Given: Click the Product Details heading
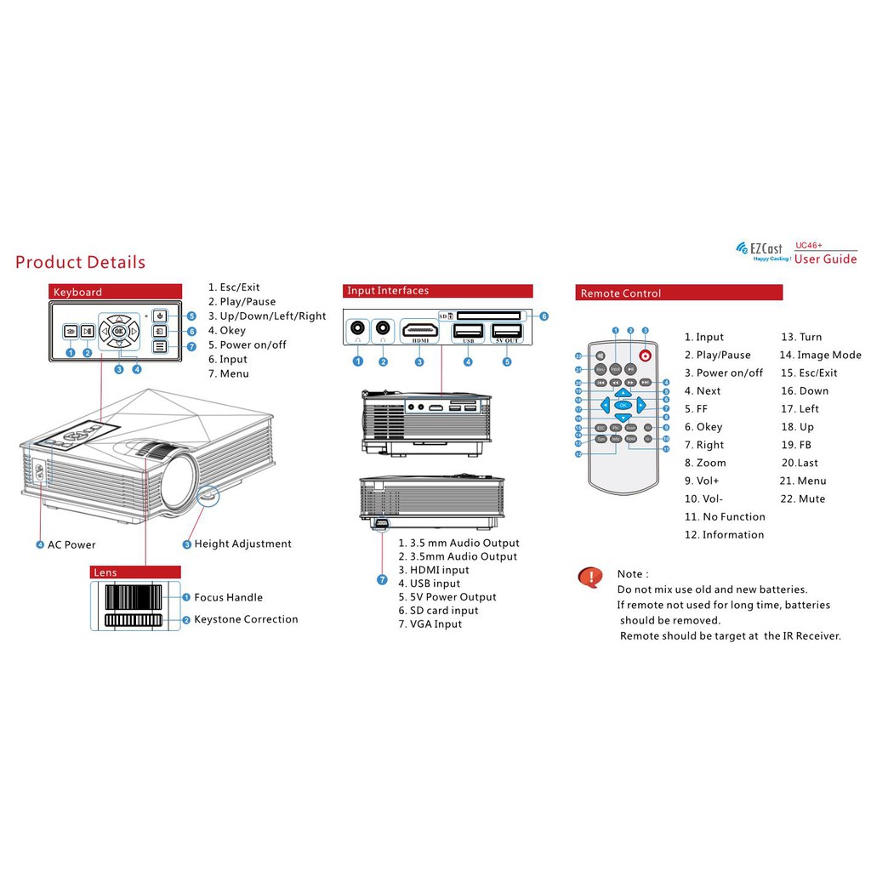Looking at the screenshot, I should [80, 262].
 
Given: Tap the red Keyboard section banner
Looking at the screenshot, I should [115, 292].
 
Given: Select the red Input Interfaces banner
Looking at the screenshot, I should [437, 291].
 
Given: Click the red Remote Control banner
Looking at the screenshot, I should [678, 293].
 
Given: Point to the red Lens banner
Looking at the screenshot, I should [135, 572].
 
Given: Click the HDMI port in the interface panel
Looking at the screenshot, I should [420, 331].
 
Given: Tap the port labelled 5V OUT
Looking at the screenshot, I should [507, 333].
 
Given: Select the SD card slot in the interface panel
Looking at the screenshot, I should [490, 316].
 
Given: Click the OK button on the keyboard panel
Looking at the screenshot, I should [119, 331].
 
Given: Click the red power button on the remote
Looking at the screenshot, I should [646, 356].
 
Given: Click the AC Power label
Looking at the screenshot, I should [71, 544].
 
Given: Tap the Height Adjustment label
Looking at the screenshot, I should [242, 544].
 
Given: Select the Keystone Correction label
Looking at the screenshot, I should [246, 619].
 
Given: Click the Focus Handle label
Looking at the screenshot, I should [228, 597].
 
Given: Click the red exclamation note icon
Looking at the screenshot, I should [589, 578].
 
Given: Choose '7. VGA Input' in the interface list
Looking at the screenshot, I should [430, 623].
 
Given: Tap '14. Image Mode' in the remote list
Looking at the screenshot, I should [820, 355].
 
